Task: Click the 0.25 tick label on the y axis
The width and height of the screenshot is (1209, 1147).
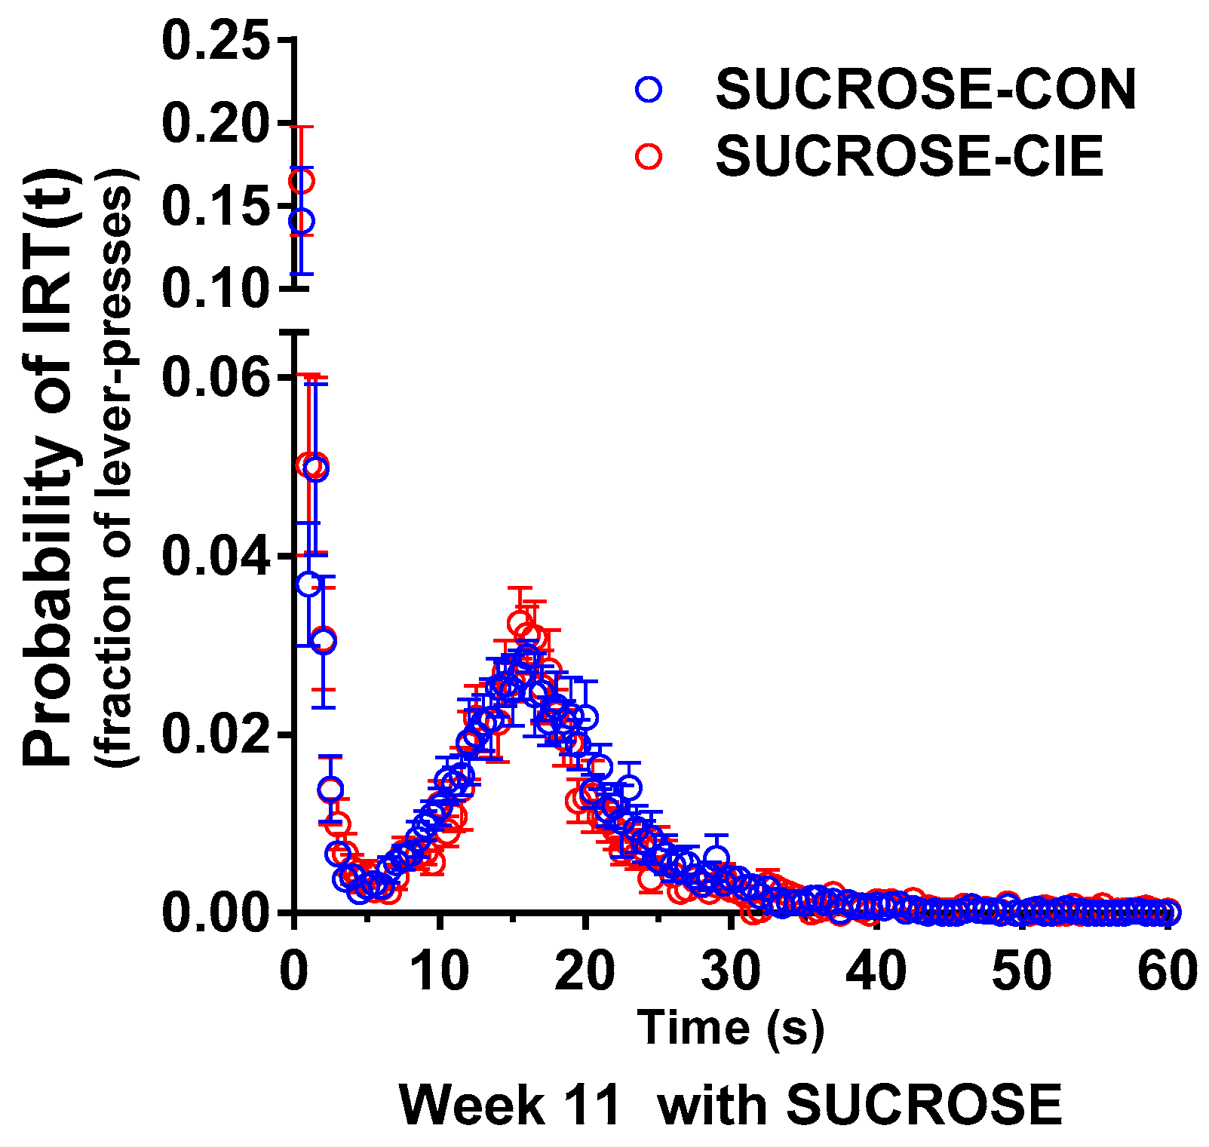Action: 215,41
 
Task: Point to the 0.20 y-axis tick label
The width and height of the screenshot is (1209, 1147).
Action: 215,124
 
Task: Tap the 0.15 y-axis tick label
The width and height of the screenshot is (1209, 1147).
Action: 215,206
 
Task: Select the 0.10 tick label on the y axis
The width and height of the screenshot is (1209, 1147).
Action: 215,287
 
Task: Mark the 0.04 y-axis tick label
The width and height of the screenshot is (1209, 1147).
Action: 215,556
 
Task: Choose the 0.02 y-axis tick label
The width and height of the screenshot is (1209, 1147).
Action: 215,735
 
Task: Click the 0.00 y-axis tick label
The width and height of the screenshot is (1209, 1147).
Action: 215,912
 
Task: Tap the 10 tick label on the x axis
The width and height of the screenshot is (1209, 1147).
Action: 440,972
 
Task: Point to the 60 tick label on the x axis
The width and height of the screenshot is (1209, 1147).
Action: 1168,972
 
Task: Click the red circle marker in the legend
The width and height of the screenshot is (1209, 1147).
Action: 648,156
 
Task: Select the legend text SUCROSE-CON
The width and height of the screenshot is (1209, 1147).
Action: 925,90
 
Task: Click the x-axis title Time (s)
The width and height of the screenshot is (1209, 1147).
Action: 730,1028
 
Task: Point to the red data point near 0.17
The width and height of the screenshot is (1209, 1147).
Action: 301,181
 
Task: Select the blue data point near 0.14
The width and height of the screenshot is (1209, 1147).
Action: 301,222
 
